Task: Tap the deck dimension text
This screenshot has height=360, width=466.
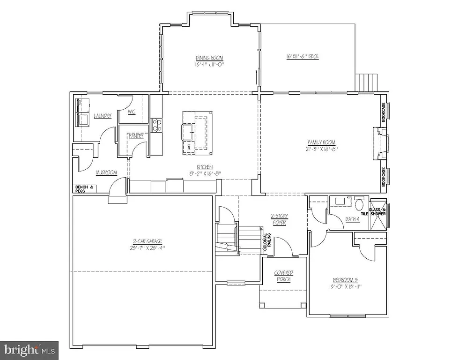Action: [303, 57]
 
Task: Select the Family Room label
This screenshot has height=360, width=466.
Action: [321, 142]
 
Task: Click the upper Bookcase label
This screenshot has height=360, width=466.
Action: [384, 112]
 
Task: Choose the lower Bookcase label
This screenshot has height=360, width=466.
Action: [384, 177]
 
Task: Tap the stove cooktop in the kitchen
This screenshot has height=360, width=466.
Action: [156, 125]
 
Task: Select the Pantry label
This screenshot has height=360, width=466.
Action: [136, 136]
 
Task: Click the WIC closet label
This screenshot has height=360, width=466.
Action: [132, 112]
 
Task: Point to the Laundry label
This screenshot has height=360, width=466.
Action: [102, 116]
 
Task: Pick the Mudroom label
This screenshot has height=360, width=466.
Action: [106, 172]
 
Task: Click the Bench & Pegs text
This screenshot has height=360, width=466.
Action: [85, 189]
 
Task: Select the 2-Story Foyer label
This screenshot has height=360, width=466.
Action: [279, 219]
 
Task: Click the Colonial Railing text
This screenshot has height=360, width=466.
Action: [266, 244]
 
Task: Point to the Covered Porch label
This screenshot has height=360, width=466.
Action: [283, 276]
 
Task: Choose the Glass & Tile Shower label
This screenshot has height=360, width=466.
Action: [377, 212]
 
